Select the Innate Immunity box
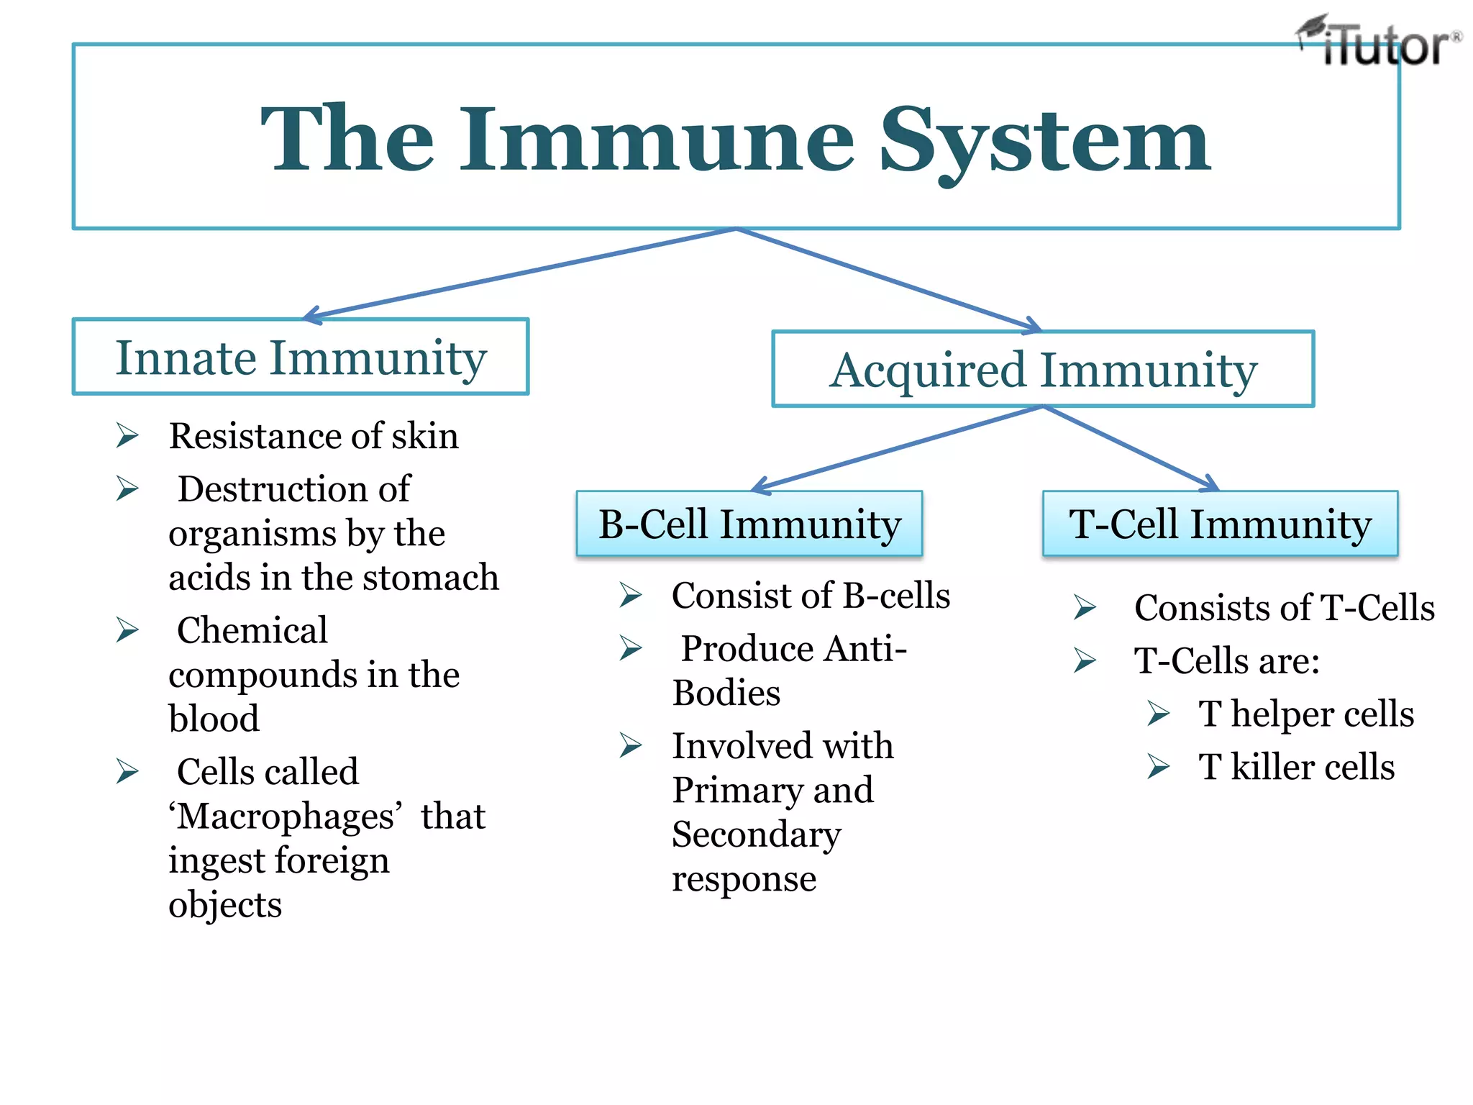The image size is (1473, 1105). click(x=301, y=357)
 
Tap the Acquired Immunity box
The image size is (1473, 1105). click(x=1043, y=370)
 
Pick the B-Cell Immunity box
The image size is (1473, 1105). click(x=749, y=524)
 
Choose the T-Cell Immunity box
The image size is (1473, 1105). click(x=1220, y=524)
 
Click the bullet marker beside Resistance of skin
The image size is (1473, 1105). click(x=127, y=436)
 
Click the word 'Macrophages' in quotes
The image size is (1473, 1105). click(x=286, y=817)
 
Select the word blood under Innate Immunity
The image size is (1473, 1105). click(x=214, y=719)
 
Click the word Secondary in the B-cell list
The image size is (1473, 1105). click(x=756, y=835)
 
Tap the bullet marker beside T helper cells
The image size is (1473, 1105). click(x=1158, y=714)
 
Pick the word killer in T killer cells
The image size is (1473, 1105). click(x=1272, y=767)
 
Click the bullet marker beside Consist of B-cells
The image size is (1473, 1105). click(x=631, y=596)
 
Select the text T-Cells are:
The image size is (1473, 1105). click(x=1227, y=661)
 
